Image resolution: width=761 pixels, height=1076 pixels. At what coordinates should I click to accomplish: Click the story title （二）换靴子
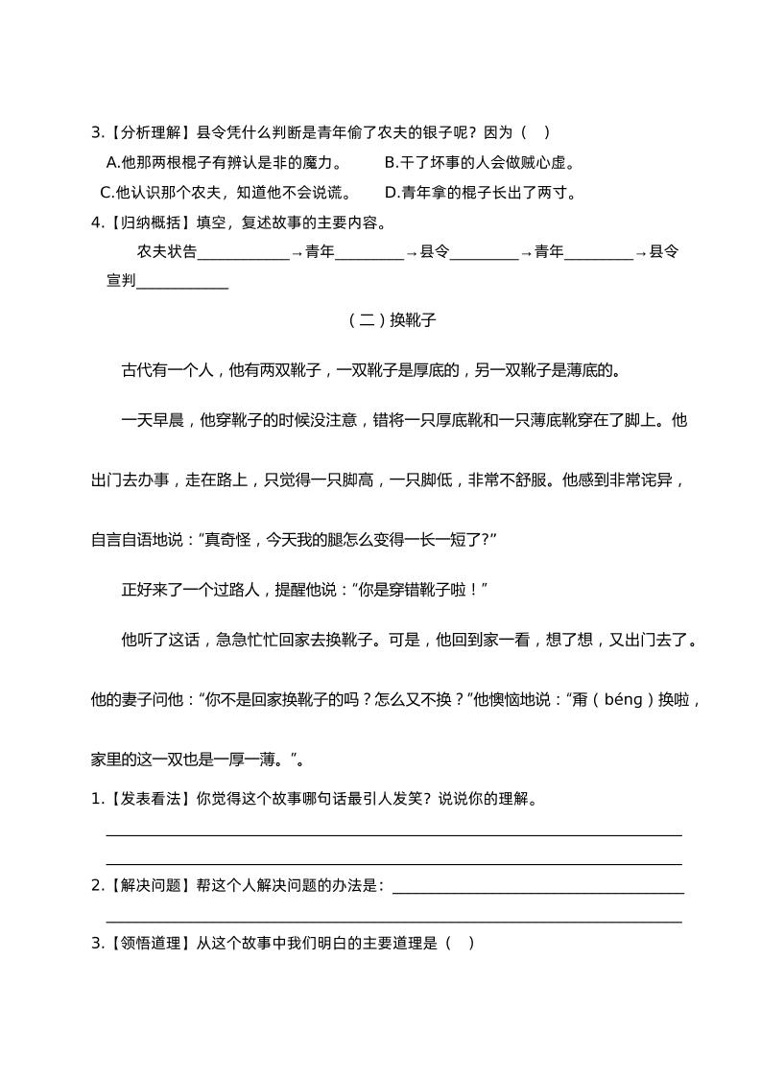point(392,321)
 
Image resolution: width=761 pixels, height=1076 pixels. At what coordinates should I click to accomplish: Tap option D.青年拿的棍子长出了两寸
point(480,192)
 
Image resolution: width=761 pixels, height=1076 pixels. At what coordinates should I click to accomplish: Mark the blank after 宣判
point(182,283)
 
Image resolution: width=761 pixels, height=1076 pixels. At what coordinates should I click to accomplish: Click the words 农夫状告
point(167,252)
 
